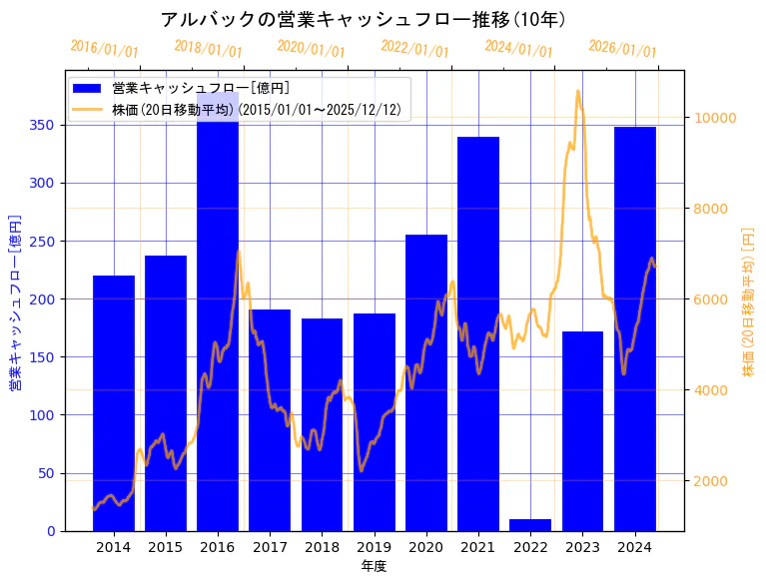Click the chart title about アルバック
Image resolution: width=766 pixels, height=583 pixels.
[364, 19]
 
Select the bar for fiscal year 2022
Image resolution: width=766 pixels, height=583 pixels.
[530, 524]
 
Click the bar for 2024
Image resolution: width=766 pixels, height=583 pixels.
[635, 328]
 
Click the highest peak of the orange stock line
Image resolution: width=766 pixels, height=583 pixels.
[578, 92]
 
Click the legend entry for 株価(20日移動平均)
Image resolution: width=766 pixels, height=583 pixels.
[254, 110]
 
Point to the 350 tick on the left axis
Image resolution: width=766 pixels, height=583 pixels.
[47, 125]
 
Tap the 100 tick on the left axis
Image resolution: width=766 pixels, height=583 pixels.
[47, 415]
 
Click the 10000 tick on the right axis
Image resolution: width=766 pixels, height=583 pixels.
[715, 118]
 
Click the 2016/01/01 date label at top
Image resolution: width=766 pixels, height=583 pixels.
[104, 49]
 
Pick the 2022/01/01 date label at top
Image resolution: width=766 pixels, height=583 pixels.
[414, 49]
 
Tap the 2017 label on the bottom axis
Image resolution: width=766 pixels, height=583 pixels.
[270, 546]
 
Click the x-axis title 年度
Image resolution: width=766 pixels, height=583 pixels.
[374, 566]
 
